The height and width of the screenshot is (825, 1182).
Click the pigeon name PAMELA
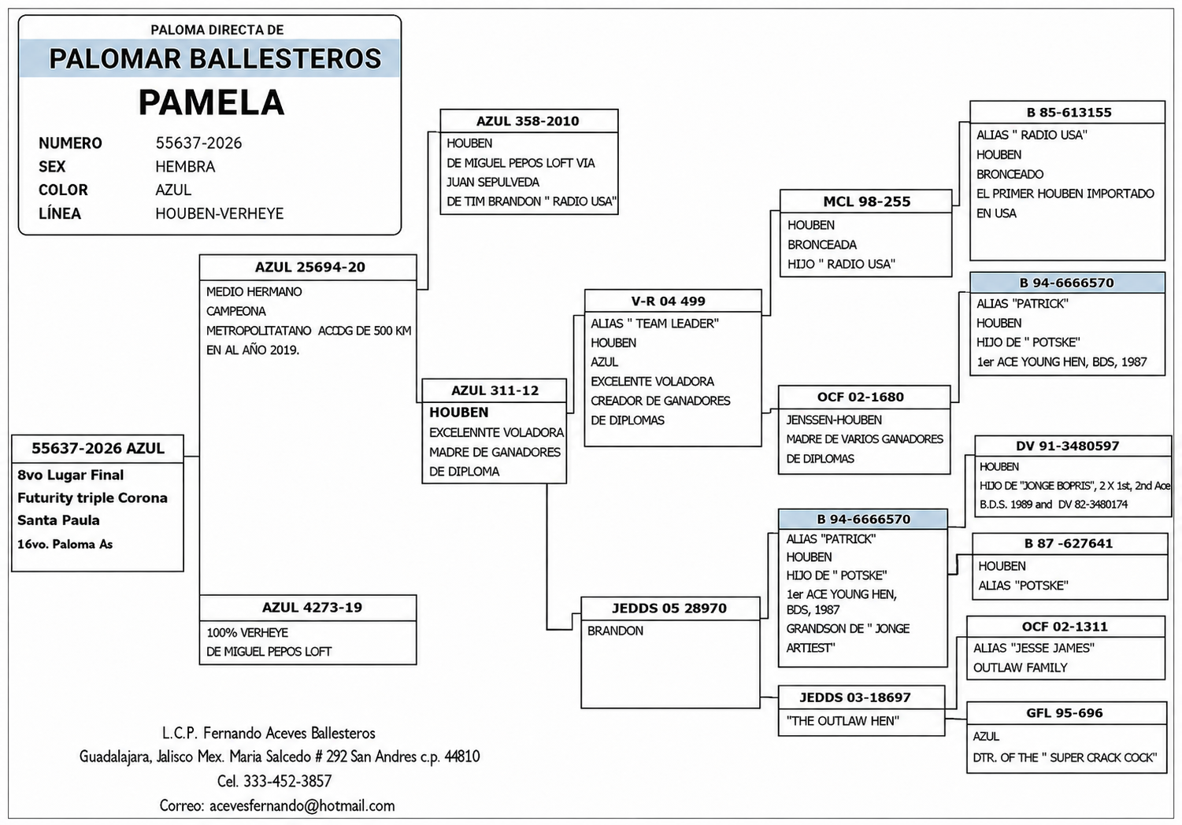pyautogui.click(x=212, y=102)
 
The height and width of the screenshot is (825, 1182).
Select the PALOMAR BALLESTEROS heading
pyautogui.click(x=215, y=58)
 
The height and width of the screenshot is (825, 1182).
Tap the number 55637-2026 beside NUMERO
pyautogui.click(x=198, y=143)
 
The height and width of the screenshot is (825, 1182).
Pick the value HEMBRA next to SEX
pyautogui.click(x=185, y=167)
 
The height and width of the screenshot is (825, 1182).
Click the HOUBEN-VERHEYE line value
pyautogui.click(x=220, y=213)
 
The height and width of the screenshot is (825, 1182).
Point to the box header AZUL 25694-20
pyautogui.click(x=309, y=268)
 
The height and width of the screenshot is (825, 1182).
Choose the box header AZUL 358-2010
pyautogui.click(x=528, y=121)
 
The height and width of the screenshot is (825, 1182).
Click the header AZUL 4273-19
pyautogui.click(x=312, y=608)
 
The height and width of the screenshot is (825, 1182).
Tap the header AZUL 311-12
pyautogui.click(x=495, y=391)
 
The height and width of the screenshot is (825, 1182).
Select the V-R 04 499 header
pyautogui.click(x=668, y=302)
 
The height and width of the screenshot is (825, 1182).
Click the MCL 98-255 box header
pyautogui.click(x=867, y=202)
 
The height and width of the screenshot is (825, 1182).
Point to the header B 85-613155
pyautogui.click(x=1069, y=113)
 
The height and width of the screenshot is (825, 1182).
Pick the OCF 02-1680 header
pyautogui.click(x=861, y=398)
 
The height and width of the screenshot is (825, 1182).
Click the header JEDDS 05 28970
pyautogui.click(x=669, y=609)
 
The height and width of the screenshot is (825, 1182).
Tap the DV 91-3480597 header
pyautogui.click(x=1068, y=446)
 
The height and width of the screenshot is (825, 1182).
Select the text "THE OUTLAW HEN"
pyautogui.click(x=843, y=721)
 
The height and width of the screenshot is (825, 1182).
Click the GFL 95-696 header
pyautogui.click(x=1065, y=713)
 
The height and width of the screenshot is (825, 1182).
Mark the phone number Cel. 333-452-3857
pyautogui.click(x=274, y=781)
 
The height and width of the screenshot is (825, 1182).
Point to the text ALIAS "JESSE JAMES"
pyautogui.click(x=1034, y=649)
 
